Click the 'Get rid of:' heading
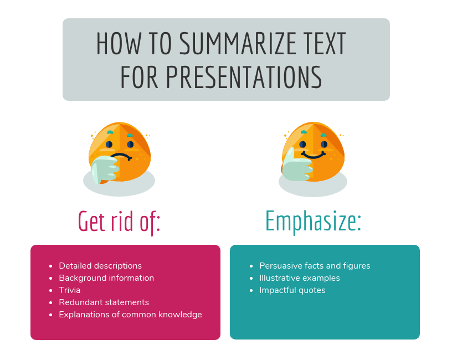tap(119, 222)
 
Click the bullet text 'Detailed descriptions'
tap(100, 266)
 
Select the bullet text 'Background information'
tap(106, 278)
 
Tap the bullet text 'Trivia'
tap(69, 290)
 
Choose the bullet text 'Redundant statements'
tap(104, 302)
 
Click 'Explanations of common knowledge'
tap(130, 315)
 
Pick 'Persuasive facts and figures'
tap(315, 266)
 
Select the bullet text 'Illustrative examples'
tap(300, 278)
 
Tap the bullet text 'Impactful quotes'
tap(292, 290)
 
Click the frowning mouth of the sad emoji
tap(121, 157)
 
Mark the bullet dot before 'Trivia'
tap(51, 290)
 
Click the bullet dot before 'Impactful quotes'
tap(251, 290)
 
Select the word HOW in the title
tap(119, 43)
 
